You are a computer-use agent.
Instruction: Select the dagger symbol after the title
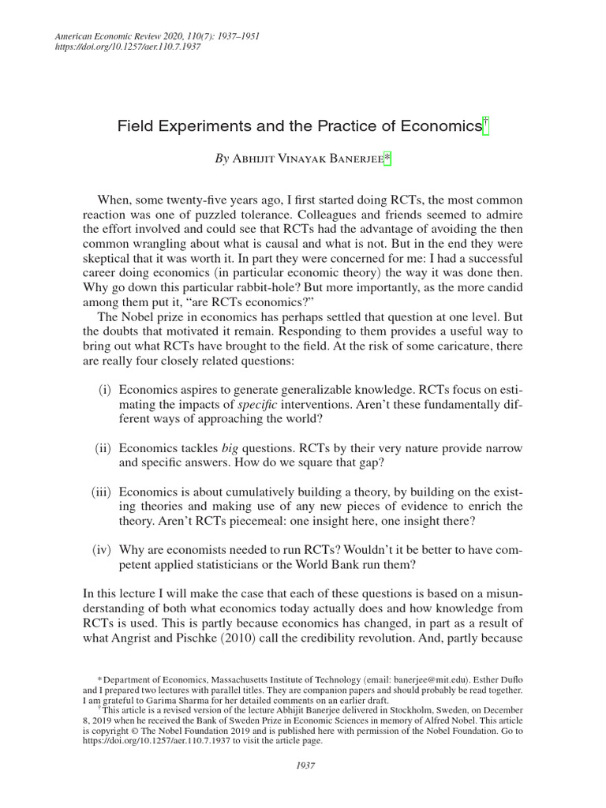(x=486, y=124)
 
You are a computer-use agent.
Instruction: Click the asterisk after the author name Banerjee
(x=387, y=159)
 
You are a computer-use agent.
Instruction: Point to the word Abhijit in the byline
(x=254, y=159)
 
